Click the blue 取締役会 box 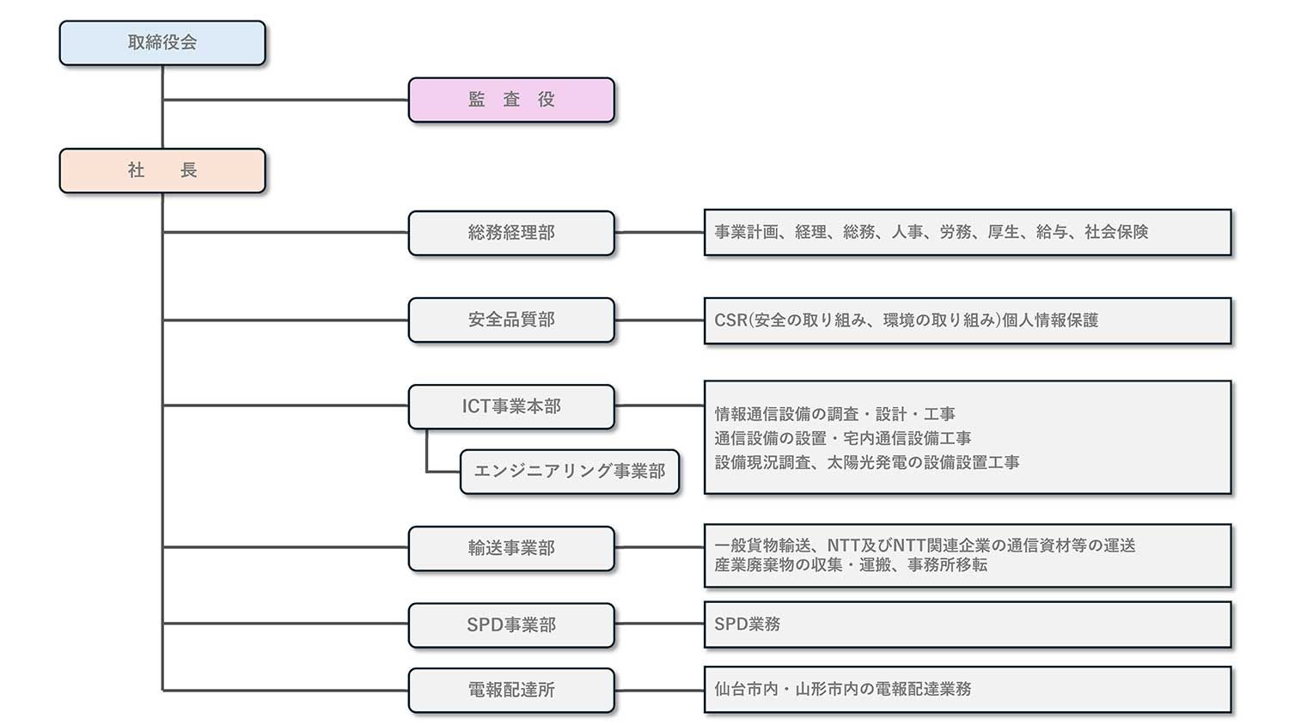(x=162, y=43)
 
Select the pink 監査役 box (x=511, y=101)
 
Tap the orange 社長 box (x=162, y=171)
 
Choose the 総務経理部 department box (x=511, y=233)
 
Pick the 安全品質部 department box (x=511, y=320)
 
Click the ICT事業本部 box (x=511, y=407)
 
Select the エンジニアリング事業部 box (x=570, y=472)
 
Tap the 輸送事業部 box (x=511, y=548)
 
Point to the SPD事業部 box (x=511, y=624)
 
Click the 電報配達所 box (x=511, y=690)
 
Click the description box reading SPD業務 (x=968, y=624)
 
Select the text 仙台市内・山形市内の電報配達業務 (x=842, y=689)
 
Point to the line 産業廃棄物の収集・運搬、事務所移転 (x=851, y=565)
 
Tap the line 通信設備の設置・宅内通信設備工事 (x=842, y=438)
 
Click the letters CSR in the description (x=730, y=320)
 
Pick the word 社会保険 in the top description (x=1116, y=232)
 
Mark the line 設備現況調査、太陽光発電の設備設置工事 (x=866, y=463)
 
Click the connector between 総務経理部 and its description (x=659, y=233)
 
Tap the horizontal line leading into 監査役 (x=285, y=101)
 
